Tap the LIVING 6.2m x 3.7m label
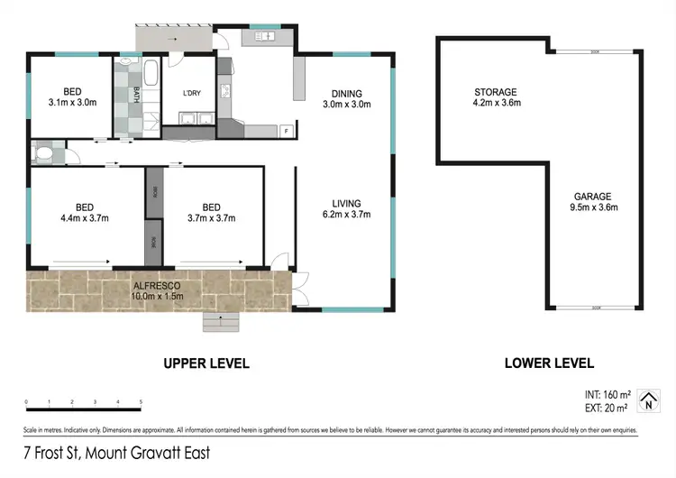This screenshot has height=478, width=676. pos(346,208)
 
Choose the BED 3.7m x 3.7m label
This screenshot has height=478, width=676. pos(211,213)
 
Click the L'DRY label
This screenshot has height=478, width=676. pos(191,95)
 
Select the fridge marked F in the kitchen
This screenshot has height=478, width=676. pos(286,132)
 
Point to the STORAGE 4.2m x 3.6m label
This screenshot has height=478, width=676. pos(497,97)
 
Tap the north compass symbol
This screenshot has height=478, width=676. pos(646,399)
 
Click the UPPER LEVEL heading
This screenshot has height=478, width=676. pos(206,363)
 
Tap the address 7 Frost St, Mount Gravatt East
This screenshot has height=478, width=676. pos(117,454)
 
